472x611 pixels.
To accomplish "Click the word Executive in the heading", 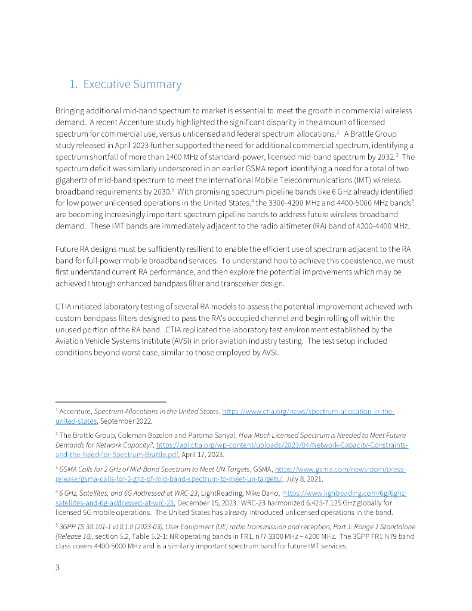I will click(106, 84).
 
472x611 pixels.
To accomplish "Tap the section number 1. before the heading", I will click(73, 84).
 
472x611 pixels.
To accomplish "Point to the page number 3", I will click(57, 567).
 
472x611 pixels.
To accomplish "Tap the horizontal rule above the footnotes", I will click(110, 402).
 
